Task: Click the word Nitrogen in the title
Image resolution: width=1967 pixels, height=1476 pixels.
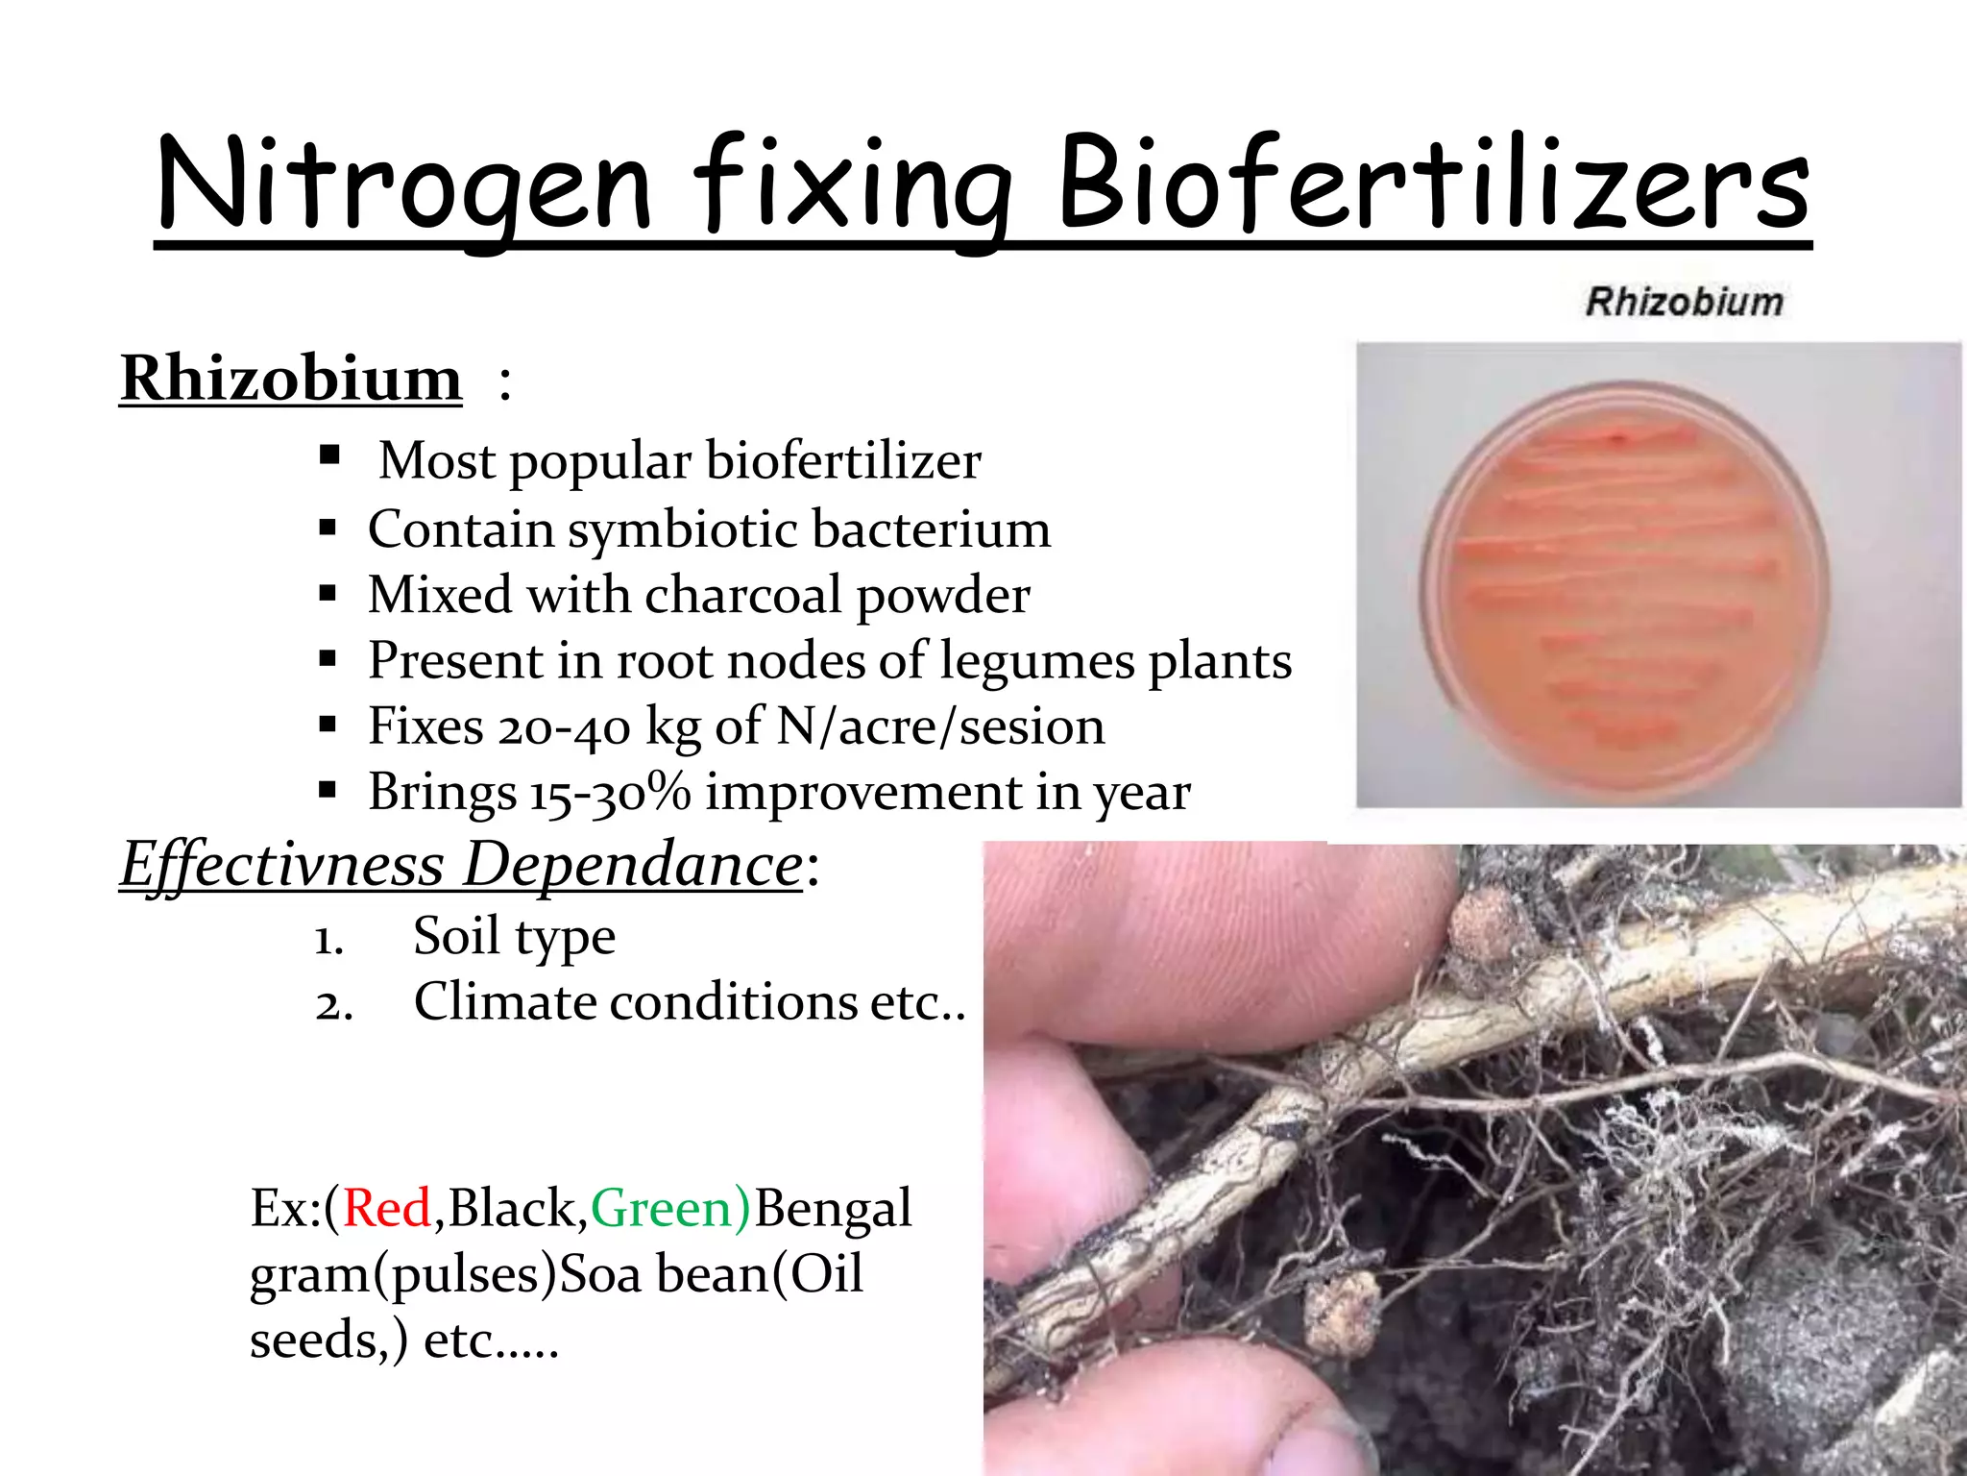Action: (403, 184)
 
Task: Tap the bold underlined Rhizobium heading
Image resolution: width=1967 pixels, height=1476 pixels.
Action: (291, 378)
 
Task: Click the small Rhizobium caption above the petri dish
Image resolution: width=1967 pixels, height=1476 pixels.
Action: (1684, 302)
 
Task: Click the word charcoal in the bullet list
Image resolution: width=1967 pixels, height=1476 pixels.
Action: (743, 595)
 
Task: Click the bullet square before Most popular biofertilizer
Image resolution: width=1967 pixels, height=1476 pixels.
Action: (329, 454)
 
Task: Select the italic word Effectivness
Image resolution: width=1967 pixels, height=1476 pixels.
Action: (281, 864)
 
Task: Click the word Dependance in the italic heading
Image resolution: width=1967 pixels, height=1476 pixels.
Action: (632, 864)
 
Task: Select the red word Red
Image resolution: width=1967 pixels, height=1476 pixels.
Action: (387, 1208)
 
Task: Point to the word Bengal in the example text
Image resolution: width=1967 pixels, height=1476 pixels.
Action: (833, 1208)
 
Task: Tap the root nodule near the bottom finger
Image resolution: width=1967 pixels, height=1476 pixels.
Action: (1343, 1313)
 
